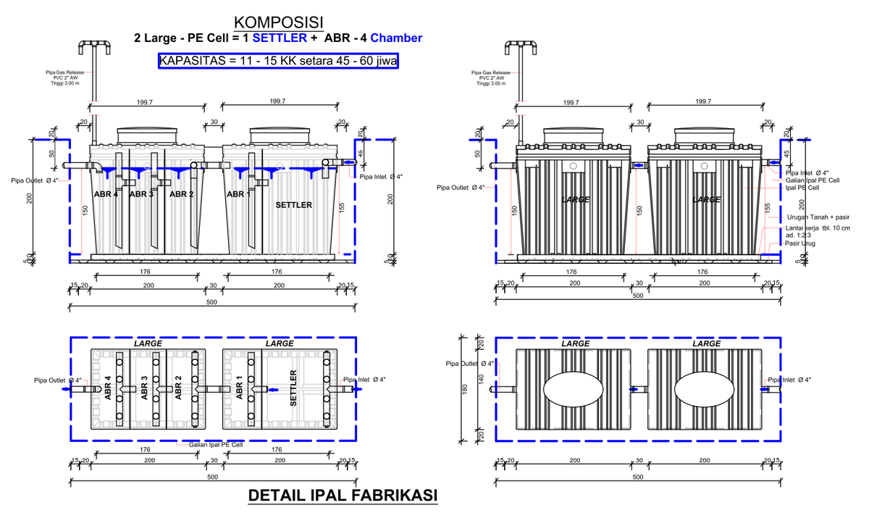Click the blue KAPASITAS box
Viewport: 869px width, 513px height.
tap(278, 61)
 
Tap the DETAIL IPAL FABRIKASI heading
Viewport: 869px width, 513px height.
tap(343, 496)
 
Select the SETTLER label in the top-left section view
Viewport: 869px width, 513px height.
tap(294, 205)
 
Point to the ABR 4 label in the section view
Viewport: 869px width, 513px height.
tap(106, 194)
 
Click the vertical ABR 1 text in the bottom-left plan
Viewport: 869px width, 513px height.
tap(240, 388)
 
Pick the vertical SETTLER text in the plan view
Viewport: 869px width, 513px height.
tap(294, 388)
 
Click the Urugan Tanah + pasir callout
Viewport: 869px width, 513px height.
tap(817, 217)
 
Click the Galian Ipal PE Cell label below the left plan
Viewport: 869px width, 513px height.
tap(216, 445)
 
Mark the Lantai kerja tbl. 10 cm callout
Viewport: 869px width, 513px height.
tap(817, 229)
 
